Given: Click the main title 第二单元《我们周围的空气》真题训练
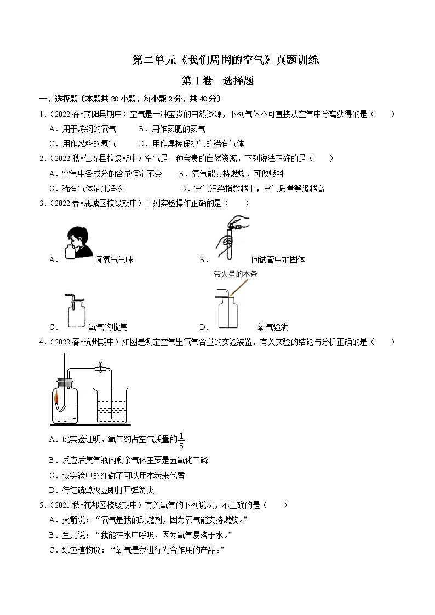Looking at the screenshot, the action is pyautogui.click(x=226, y=60).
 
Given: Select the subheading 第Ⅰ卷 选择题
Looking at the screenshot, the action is pyautogui.click(x=218, y=81).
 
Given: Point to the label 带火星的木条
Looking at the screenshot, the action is pyautogui.click(x=235, y=274).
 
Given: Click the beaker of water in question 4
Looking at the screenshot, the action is pyautogui.click(x=111, y=405).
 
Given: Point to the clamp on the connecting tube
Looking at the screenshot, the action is pyautogui.click(x=101, y=367).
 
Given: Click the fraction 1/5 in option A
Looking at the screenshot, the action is pyautogui.click(x=181, y=441).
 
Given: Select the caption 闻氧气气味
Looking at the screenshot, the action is pyautogui.click(x=114, y=260).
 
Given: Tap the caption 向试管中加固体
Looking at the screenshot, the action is pyautogui.click(x=278, y=260).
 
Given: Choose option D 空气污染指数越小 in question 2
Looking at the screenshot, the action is pyautogui.click(x=252, y=188).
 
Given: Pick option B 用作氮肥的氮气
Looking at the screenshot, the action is pyautogui.click(x=172, y=129).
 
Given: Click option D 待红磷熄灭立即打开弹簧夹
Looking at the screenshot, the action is pyautogui.click(x=101, y=490).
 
